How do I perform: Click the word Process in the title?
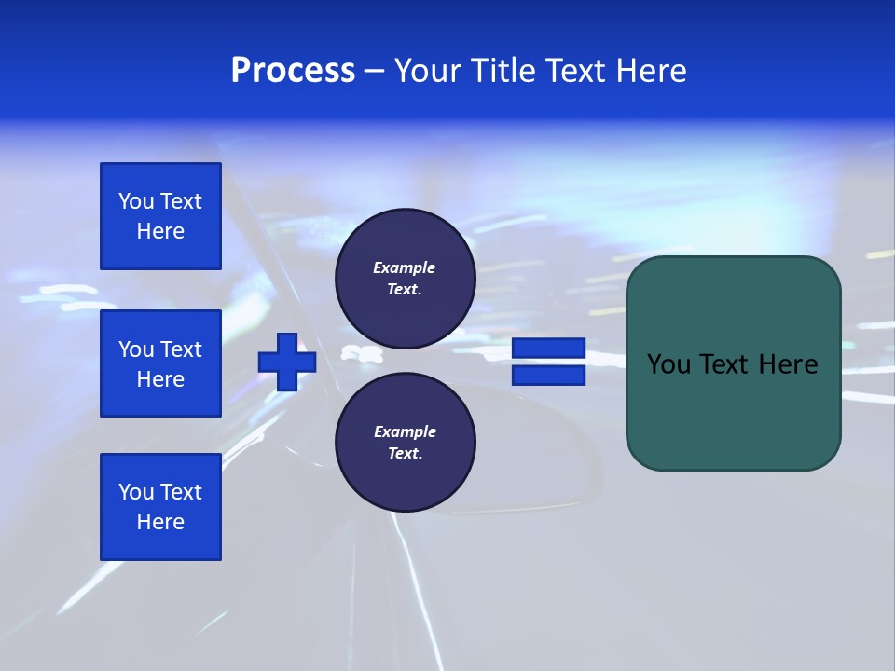tap(293, 71)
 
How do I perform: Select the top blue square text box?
tap(160, 216)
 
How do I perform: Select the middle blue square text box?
tap(160, 363)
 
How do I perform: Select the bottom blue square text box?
tap(160, 506)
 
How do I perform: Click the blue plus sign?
tap(287, 362)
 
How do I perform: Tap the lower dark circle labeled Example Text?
tap(405, 443)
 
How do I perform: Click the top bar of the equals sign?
tap(548, 349)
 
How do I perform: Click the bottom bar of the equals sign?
tap(548, 376)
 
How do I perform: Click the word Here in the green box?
tap(789, 364)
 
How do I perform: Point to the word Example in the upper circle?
tap(405, 267)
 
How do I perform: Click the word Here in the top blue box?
tap(160, 231)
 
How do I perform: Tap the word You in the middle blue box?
tap(135, 349)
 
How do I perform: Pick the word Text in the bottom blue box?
tap(181, 492)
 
